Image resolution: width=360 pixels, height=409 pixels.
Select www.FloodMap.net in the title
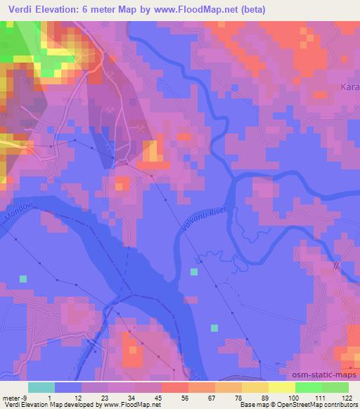pyautogui.click(x=212, y=10)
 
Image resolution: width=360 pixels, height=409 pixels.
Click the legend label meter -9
pyautogui.click(x=14, y=398)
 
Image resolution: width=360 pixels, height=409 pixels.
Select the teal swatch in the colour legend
pyautogui.click(x=41, y=387)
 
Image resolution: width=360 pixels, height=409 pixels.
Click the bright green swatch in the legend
pyautogui.click(x=308, y=387)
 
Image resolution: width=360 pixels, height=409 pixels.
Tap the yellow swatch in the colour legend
pyautogui.click(x=281, y=387)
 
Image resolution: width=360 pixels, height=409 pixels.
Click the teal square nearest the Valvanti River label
pyautogui.click(x=194, y=271)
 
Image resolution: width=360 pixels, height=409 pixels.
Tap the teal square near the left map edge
pyautogui.click(x=23, y=279)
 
